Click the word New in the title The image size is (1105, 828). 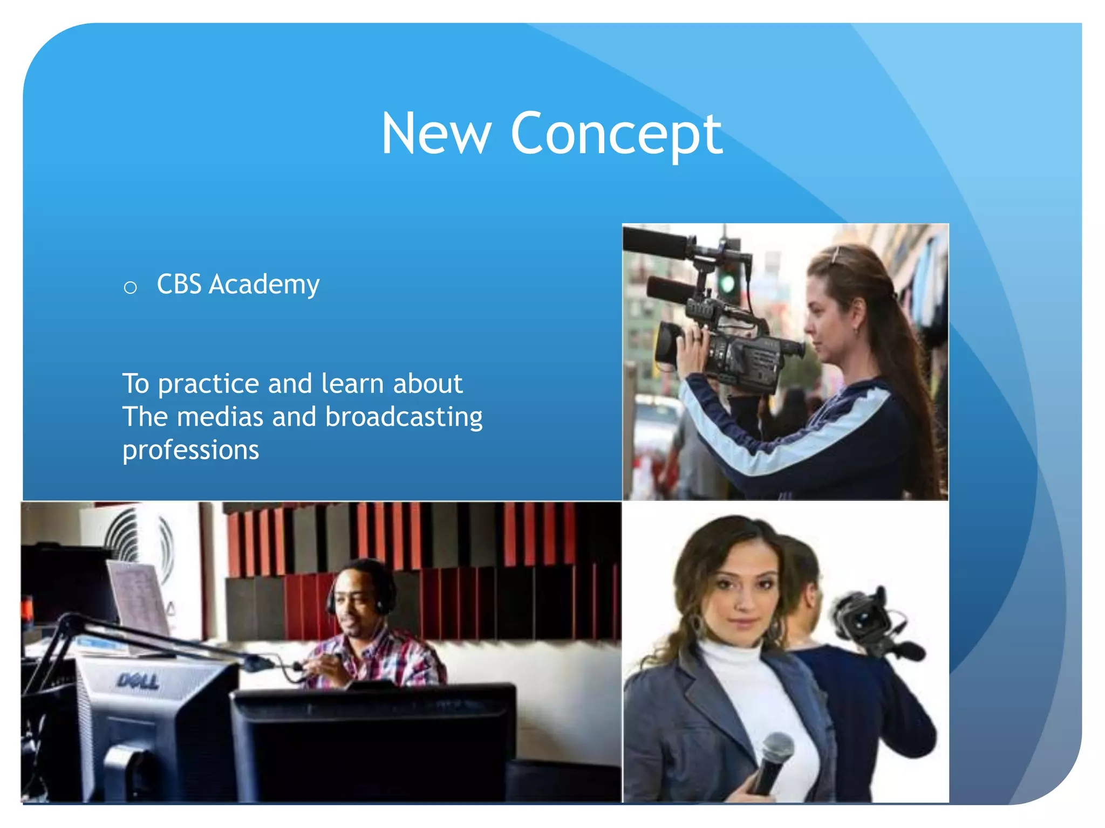[436, 134]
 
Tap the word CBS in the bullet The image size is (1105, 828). [179, 284]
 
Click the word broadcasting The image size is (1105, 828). [404, 418]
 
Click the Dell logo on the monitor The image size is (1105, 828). [138, 682]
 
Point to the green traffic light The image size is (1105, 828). [728, 282]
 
